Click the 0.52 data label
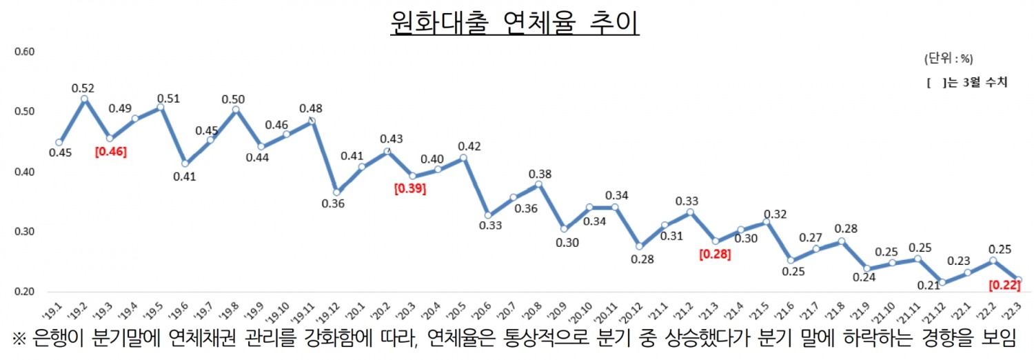(x=82, y=88)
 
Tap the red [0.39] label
(x=409, y=188)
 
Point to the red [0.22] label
(x=1004, y=284)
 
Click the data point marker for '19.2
(x=84, y=99)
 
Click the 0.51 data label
(x=168, y=99)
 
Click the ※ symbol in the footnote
(x=19, y=338)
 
